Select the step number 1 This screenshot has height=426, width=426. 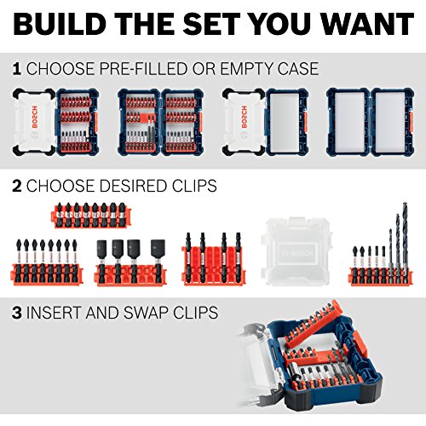17,69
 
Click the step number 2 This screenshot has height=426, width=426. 17,186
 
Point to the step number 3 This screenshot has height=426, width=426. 17,313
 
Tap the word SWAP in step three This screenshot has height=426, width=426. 147,313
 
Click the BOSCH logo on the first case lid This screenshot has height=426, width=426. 35,117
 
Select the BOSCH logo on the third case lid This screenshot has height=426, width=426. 244,117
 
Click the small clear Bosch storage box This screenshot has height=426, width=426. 296,251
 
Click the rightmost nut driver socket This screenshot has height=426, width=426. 158,249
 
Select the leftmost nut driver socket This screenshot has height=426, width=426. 102,250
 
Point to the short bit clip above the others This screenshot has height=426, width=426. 91,216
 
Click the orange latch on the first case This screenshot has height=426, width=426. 95,122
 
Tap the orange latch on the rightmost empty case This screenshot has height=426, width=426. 411,122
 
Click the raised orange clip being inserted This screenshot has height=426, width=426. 314,323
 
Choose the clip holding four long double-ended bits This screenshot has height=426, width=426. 214,259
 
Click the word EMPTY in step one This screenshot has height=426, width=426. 243,69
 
